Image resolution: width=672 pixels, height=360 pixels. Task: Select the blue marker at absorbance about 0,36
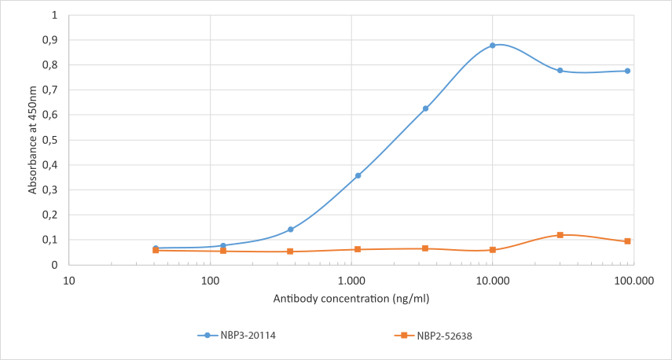[358, 175]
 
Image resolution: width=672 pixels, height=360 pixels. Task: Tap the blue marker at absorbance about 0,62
[425, 108]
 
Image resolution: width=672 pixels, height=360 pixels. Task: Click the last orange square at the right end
[627, 241]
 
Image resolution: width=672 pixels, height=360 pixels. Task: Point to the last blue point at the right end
[627, 71]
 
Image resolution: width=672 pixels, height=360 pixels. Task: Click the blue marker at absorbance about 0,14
[291, 230]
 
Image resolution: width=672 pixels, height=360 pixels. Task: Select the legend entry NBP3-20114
[237, 336]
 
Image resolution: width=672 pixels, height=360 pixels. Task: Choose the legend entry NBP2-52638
[433, 336]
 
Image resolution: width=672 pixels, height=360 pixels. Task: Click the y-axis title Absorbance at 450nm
[32, 140]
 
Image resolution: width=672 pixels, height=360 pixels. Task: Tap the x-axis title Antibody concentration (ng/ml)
[351, 299]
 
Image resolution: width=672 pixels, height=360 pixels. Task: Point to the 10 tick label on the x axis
[69, 280]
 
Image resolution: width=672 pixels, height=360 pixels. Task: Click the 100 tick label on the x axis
[210, 280]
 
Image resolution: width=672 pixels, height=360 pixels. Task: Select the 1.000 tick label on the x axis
[351, 280]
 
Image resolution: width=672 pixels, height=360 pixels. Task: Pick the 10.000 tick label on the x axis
[493, 280]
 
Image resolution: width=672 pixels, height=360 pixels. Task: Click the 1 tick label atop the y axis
[54, 15]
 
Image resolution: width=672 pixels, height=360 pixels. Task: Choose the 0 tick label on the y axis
[54, 265]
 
